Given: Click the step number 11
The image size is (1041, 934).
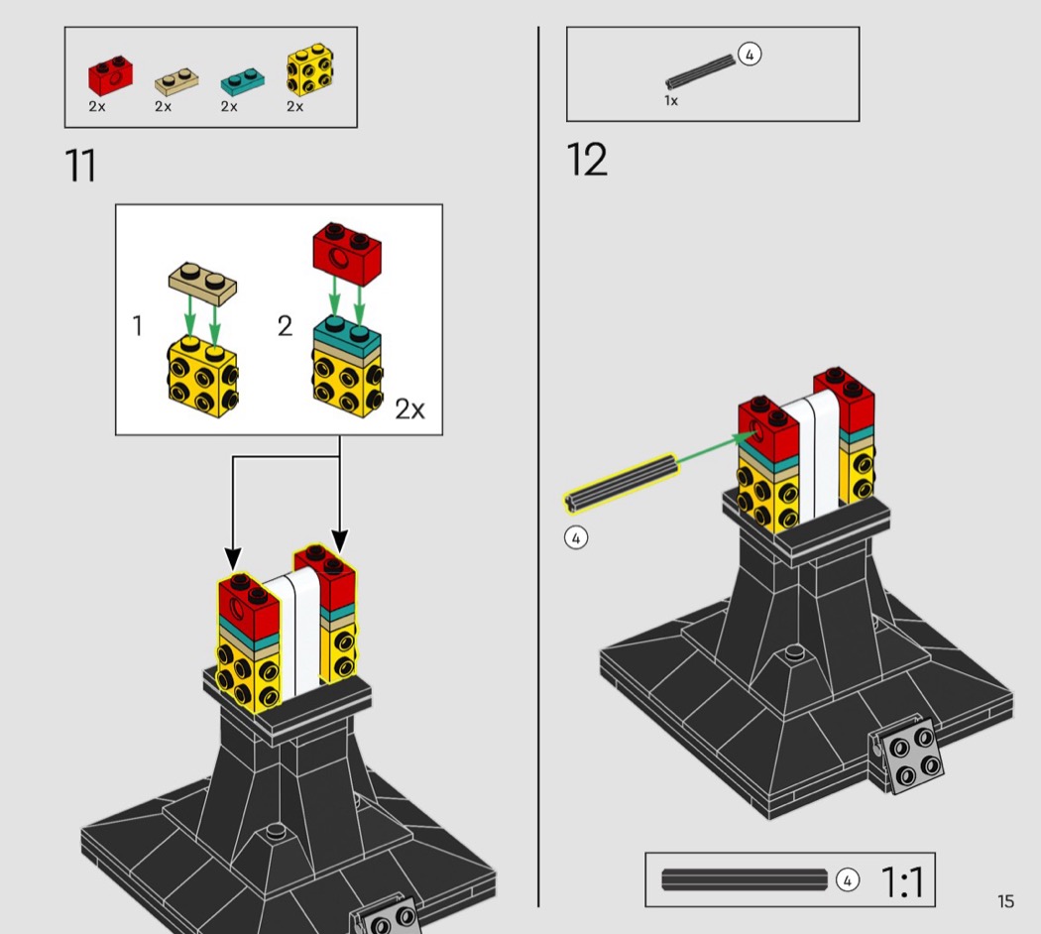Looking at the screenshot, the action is [80, 166].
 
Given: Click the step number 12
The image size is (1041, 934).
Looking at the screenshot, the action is [587, 160].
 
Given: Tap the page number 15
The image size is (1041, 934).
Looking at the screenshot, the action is [1005, 901].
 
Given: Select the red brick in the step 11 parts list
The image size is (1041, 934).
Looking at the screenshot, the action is [110, 73].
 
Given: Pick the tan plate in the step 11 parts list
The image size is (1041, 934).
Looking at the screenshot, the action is [176, 82].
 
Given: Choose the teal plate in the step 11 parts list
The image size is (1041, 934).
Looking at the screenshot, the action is [242, 80].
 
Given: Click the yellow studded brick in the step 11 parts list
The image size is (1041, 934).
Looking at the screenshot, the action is [310, 69].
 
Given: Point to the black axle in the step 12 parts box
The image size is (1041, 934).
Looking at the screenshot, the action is [701, 71].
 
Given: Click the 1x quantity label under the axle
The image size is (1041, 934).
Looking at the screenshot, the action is [671, 101].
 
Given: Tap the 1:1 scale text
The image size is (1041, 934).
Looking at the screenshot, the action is [902, 881].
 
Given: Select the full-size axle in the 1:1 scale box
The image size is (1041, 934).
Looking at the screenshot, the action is [745, 879].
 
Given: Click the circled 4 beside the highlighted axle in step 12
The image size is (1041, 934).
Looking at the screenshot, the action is [576, 537].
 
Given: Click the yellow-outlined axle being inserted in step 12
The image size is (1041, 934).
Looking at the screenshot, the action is [622, 483].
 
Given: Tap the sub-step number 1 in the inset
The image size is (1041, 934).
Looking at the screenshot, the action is [138, 326].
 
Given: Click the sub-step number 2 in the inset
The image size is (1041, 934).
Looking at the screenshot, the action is [285, 326].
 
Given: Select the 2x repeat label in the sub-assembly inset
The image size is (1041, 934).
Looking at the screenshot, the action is [409, 409].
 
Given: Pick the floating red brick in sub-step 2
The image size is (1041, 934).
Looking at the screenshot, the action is [347, 255].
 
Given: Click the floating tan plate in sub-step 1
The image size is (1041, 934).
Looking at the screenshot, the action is [202, 284].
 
